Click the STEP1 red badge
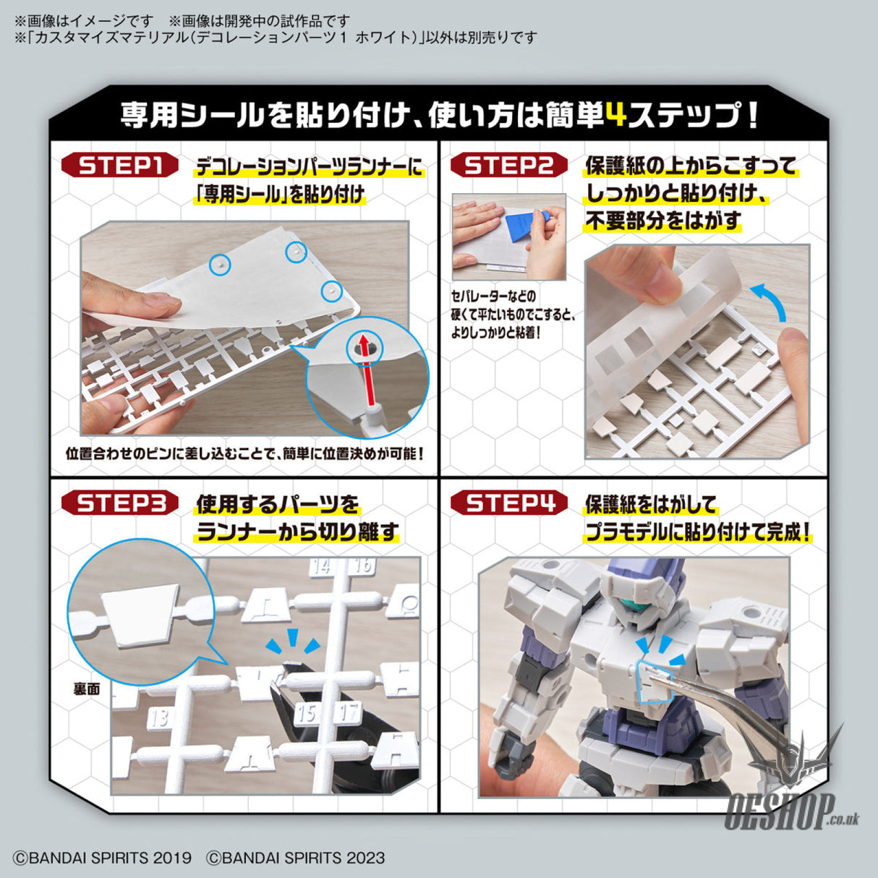(120, 166)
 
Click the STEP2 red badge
(509, 166)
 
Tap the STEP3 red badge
(120, 503)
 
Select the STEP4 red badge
(509, 503)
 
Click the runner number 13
(159, 716)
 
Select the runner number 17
(350, 712)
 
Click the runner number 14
(321, 566)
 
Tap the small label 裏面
(86, 689)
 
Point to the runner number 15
(307, 713)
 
